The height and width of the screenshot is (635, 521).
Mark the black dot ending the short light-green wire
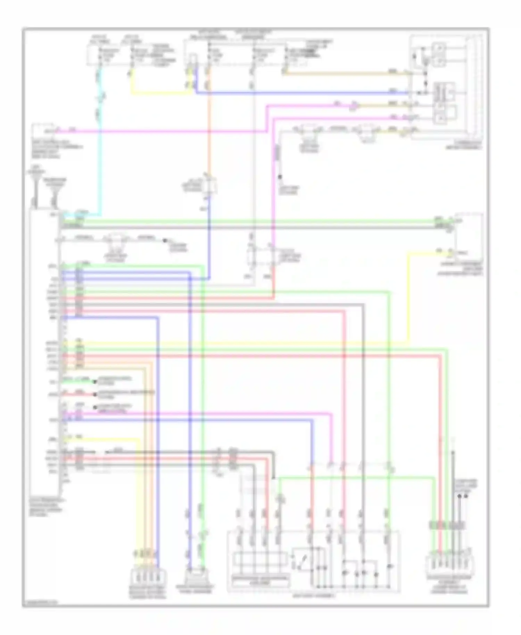94,382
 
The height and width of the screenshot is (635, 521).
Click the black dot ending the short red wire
94,395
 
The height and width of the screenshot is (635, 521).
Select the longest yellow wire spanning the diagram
243,344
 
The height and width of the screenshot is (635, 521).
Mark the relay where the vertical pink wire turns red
273,257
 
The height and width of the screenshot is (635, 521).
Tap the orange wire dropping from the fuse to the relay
209,122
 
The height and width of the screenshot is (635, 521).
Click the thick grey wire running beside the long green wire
243,228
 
